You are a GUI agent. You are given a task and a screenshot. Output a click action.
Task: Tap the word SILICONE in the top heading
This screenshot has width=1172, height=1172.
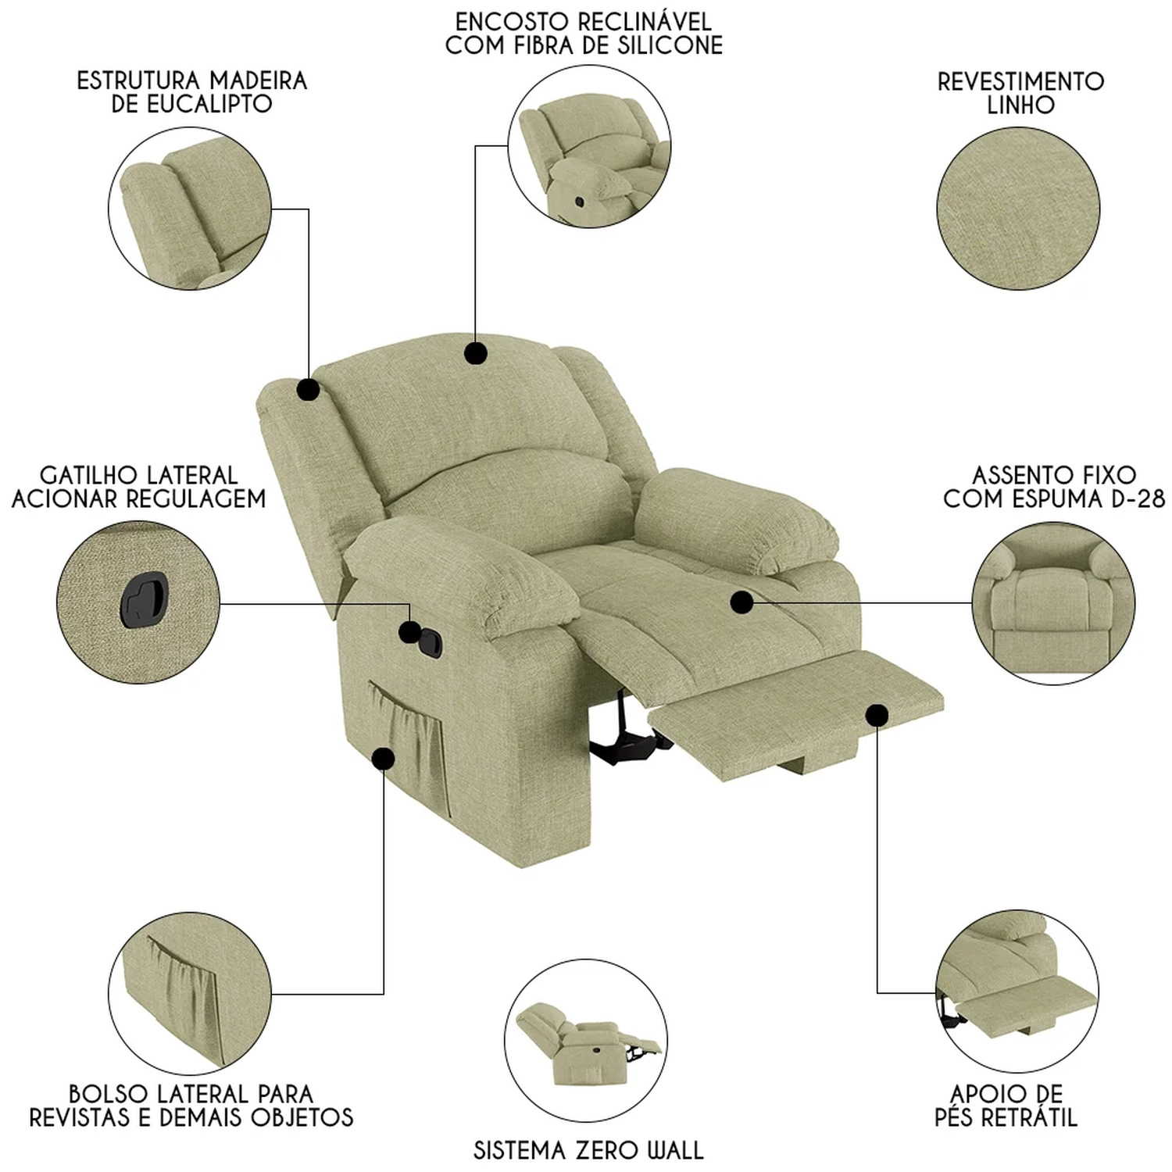pyautogui.click(x=658, y=45)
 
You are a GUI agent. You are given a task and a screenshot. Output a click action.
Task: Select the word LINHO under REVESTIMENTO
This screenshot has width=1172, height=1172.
pyautogui.click(x=1020, y=105)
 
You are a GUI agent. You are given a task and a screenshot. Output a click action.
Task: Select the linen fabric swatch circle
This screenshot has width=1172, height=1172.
pyautogui.click(x=1018, y=209)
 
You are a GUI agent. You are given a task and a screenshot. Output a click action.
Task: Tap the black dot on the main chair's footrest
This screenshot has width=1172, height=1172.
pyautogui.click(x=877, y=714)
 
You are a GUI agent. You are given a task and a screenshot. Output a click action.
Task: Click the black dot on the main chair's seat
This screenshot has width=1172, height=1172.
pyautogui.click(x=741, y=602)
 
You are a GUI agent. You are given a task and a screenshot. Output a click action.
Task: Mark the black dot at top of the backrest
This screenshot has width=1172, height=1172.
pyautogui.click(x=475, y=353)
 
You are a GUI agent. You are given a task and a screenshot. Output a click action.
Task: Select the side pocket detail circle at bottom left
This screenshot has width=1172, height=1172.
pyautogui.click(x=190, y=993)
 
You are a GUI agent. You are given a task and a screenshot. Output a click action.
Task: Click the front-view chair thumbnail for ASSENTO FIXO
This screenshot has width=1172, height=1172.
pyautogui.click(x=1053, y=603)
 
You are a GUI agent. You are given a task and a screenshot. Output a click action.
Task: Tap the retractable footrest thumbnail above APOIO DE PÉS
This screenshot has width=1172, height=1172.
pyautogui.click(x=1017, y=992)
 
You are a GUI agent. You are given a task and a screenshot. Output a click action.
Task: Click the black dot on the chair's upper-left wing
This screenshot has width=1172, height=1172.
pyautogui.click(x=308, y=389)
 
